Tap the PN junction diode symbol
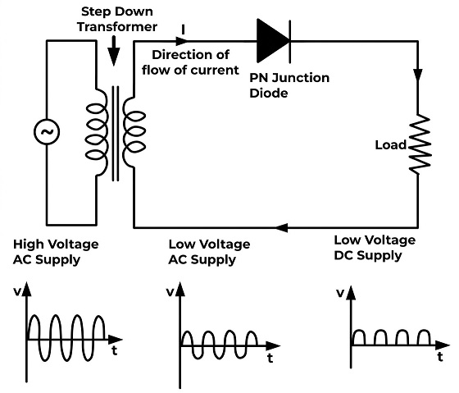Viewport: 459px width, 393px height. point(274,41)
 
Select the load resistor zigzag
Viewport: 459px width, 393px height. point(420,144)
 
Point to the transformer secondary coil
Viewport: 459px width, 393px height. point(134,132)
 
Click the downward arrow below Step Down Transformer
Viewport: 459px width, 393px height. point(114,51)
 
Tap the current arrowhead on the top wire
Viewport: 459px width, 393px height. point(181,41)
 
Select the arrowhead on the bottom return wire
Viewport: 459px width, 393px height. point(282,227)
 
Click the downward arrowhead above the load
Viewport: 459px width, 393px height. point(418,75)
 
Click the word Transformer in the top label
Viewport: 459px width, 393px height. point(117,27)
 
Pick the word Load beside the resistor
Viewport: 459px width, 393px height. point(391,144)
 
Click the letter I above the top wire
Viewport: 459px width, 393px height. point(184,30)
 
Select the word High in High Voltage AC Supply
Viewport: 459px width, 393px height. point(28,244)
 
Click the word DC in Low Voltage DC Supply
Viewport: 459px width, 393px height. point(343,255)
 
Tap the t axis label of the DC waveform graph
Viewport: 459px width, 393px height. point(440,357)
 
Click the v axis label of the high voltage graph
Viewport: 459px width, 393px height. point(17,292)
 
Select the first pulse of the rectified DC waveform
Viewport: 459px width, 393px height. point(359,337)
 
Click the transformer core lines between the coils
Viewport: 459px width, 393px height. point(116,134)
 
